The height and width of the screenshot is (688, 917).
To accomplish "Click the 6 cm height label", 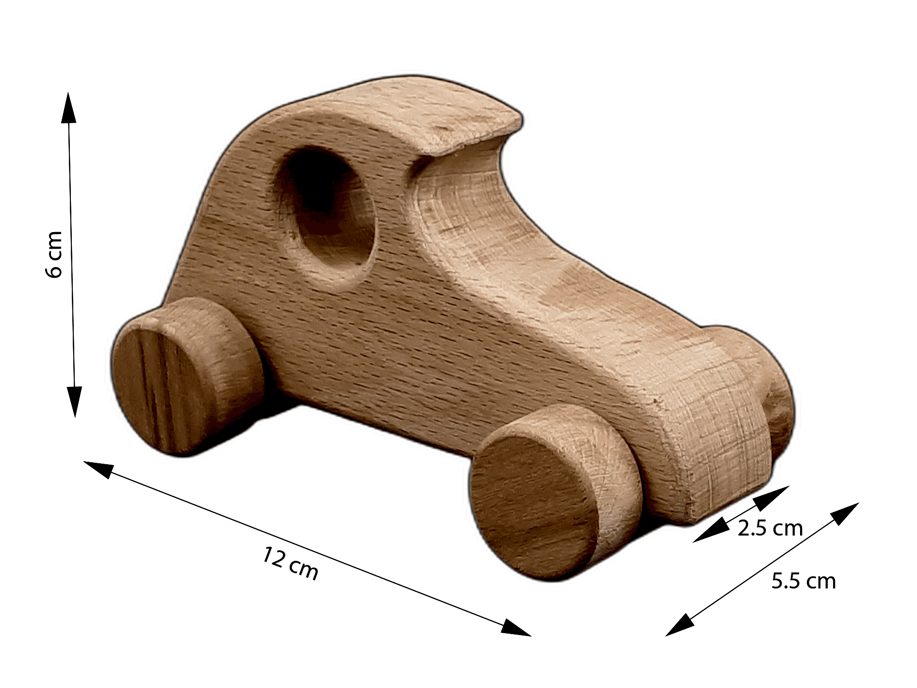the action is tap(54, 254).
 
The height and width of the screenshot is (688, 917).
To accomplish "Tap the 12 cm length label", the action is tap(291, 563).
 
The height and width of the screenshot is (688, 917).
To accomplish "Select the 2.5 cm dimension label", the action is tap(770, 528).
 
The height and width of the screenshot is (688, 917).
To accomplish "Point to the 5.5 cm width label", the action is tap(803, 581).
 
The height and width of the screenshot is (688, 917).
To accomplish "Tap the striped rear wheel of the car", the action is tap(187, 376).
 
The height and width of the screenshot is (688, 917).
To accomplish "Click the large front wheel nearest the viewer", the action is tap(553, 493).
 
